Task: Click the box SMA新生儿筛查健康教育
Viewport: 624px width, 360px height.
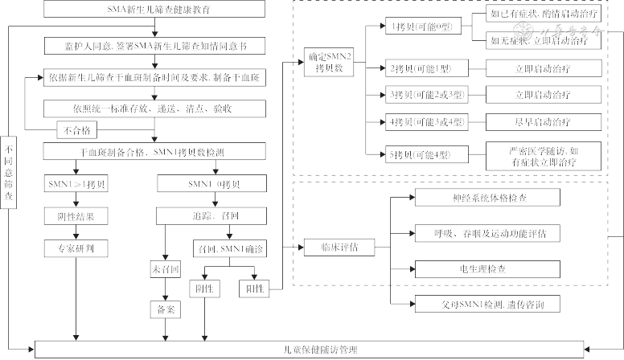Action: [155, 10]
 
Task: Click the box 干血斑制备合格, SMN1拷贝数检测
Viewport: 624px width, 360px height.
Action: [155, 151]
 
